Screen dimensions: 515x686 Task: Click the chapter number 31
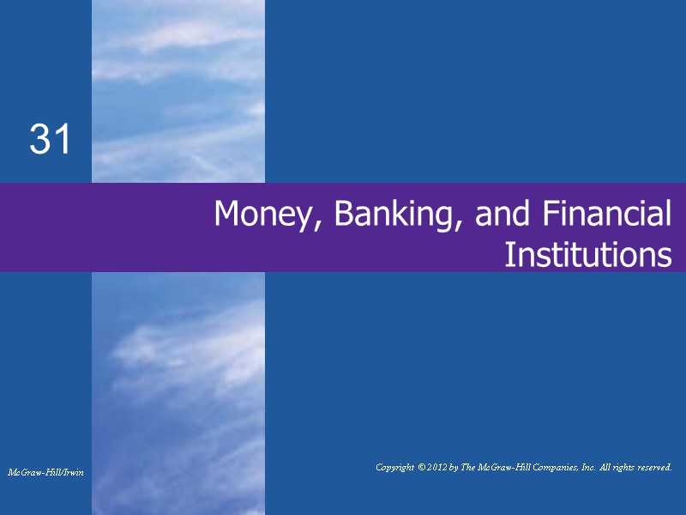click(51, 140)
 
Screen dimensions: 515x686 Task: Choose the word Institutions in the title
click(587, 255)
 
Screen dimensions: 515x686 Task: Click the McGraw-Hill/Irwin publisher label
click(45, 473)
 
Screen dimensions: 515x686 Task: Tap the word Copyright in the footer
click(399, 467)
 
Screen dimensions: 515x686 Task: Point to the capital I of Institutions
click(508, 255)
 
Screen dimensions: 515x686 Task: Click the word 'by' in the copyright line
click(467, 467)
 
